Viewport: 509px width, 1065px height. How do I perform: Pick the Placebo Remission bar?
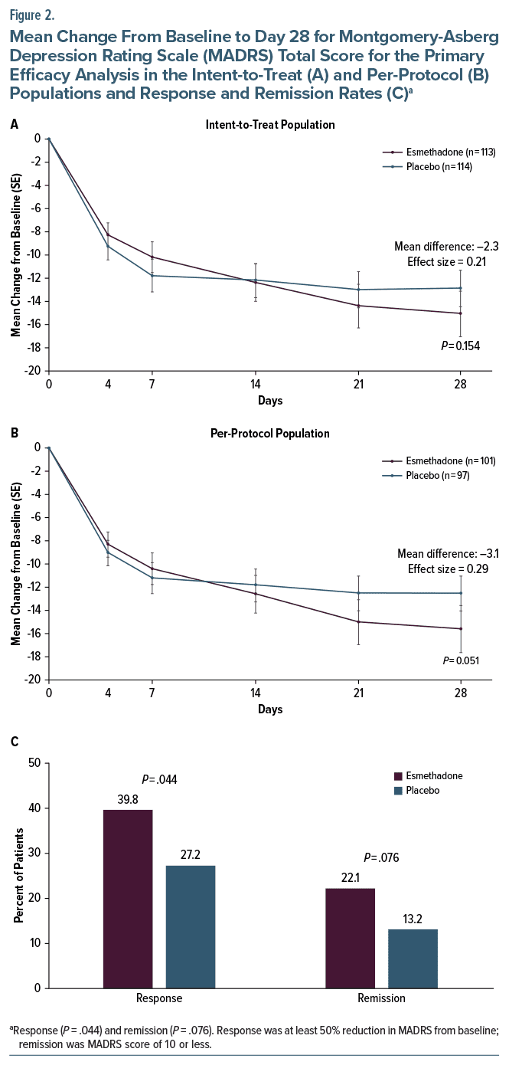(x=413, y=958)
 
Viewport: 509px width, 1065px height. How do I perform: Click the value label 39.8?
(x=128, y=801)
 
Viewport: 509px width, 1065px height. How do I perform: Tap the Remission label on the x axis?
(x=382, y=998)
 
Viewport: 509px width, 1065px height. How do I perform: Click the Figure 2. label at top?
(x=31, y=13)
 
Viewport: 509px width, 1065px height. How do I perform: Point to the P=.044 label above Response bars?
(x=160, y=780)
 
